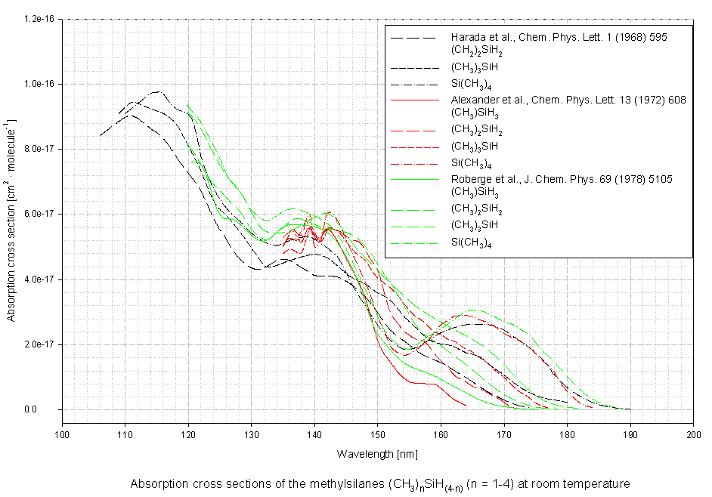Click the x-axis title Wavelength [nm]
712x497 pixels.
377,454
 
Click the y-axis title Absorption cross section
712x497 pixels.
12,215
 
